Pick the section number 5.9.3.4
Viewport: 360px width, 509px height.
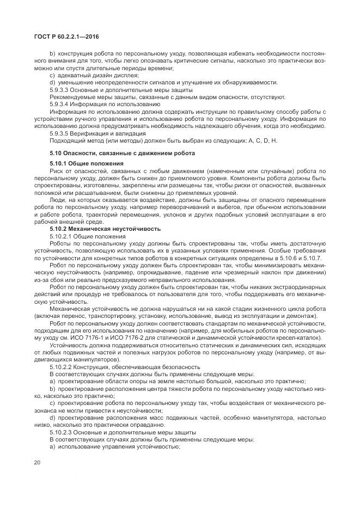pyautogui.click(x=63, y=103)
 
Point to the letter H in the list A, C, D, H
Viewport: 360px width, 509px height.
pyautogui.click(x=275, y=140)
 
